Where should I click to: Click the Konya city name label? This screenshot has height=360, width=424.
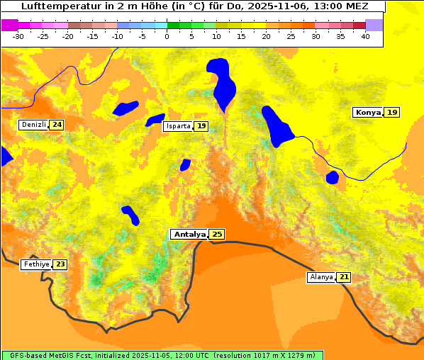(x=368, y=113)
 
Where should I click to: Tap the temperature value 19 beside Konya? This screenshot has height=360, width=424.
(x=392, y=113)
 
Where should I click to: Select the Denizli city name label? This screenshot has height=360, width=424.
(x=33, y=125)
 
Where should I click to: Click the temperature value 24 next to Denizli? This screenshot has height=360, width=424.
(x=57, y=125)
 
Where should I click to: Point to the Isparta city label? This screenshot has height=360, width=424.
(x=178, y=126)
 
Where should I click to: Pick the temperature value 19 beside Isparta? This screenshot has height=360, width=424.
(x=201, y=126)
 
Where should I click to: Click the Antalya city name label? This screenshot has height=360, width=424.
(x=189, y=234)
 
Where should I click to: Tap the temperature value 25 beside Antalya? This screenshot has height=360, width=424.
(x=217, y=234)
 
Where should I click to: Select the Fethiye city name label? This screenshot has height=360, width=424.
(x=36, y=264)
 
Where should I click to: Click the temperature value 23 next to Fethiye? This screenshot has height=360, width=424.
(x=60, y=264)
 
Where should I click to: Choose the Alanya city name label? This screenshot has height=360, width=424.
(x=321, y=277)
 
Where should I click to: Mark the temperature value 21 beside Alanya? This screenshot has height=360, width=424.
(x=344, y=277)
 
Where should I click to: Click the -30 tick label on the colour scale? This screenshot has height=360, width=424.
(x=18, y=36)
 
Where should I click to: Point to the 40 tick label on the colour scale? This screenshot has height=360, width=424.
(x=365, y=36)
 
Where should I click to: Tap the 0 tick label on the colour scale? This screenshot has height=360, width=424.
(x=167, y=36)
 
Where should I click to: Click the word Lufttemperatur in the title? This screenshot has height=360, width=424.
(x=57, y=6)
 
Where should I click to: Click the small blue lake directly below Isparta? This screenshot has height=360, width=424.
(x=186, y=164)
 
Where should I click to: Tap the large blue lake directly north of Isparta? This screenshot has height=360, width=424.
(x=221, y=81)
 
